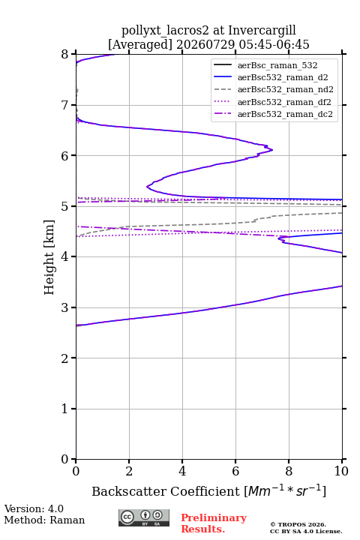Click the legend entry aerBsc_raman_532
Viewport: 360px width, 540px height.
[277, 65]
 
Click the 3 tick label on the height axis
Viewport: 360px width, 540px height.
[64, 307]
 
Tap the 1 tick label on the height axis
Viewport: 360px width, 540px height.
[64, 409]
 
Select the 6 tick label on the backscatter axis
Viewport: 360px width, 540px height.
[235, 471]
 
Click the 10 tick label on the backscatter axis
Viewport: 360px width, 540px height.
[341, 471]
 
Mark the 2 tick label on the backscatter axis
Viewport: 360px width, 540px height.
[129, 471]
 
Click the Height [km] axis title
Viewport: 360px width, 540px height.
[49, 257]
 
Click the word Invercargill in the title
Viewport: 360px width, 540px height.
[262, 31]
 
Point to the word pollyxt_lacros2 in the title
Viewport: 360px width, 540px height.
[165, 31]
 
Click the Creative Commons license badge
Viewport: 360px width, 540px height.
[144, 518]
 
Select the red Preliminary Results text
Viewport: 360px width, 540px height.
[214, 523]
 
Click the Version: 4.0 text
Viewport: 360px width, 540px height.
[34, 509]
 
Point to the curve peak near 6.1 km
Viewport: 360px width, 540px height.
[272, 150]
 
